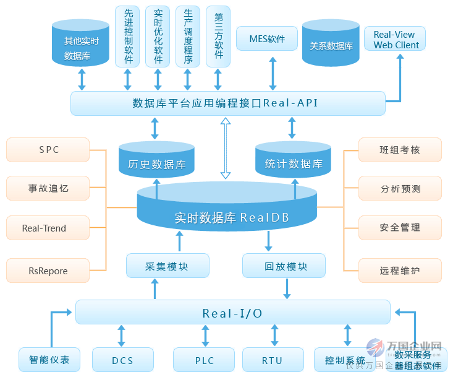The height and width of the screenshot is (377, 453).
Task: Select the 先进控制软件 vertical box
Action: [127, 37]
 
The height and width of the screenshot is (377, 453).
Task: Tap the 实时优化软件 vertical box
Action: [158, 37]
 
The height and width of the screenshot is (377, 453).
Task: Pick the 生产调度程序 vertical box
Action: [188, 37]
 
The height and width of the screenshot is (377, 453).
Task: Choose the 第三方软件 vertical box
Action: [218, 37]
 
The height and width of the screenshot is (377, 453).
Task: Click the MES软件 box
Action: [268, 39]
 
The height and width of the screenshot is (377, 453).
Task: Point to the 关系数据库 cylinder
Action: [331, 45]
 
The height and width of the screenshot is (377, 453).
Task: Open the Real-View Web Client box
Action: [396, 39]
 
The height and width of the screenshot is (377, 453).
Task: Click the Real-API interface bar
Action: [227, 103]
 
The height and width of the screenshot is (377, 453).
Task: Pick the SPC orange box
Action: [49, 150]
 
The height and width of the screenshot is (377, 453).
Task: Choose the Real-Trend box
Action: [44, 228]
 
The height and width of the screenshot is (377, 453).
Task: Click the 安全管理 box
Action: [400, 228]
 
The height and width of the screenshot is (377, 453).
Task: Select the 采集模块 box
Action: [167, 266]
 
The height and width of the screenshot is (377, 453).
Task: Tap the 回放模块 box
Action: [286, 266]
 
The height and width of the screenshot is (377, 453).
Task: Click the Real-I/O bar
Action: [232, 313]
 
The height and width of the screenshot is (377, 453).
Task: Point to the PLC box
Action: [204, 360]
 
